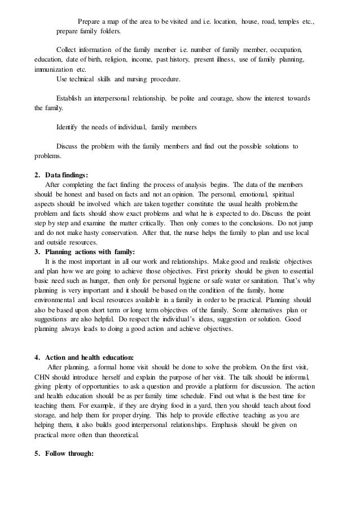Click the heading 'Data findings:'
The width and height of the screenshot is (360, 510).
point(65,175)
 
